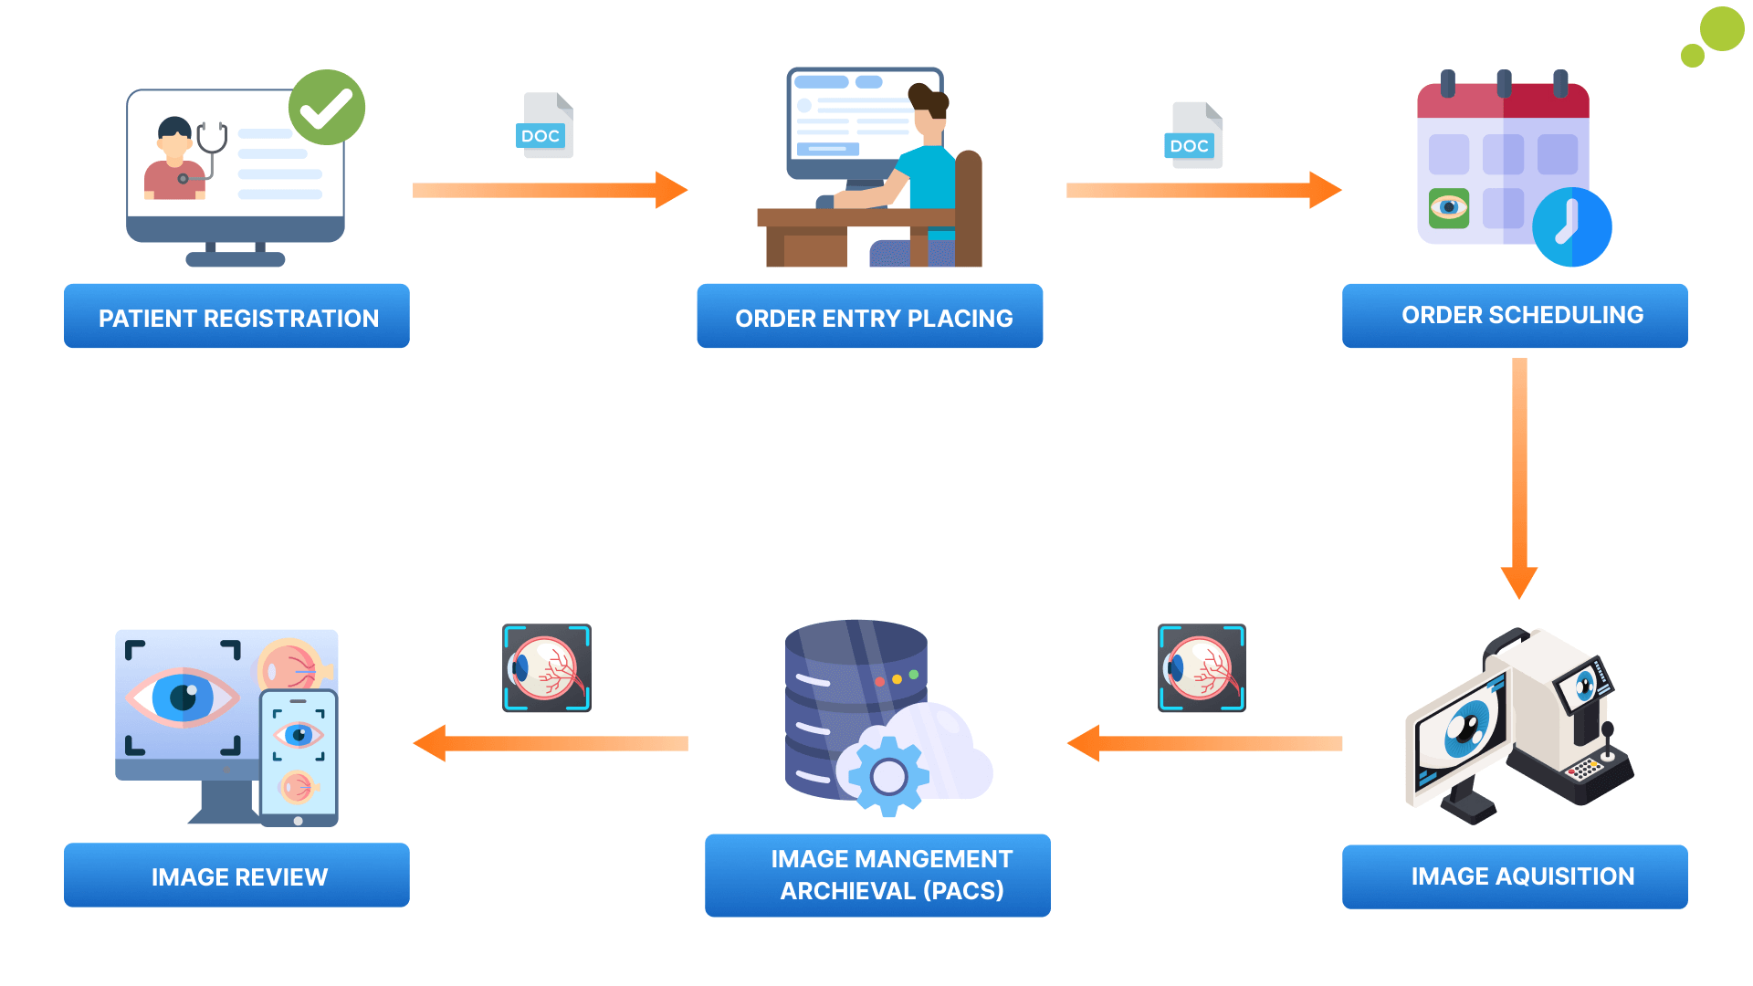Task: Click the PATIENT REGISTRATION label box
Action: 236,317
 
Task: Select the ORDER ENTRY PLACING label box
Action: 869,317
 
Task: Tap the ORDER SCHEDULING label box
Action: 1514,316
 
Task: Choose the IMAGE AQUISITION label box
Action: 1514,876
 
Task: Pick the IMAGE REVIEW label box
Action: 236,876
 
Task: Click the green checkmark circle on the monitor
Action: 327,108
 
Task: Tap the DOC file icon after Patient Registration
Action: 545,126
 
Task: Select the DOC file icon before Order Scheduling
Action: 1194,136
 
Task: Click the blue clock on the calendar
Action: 1571,227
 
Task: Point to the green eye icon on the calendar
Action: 1449,208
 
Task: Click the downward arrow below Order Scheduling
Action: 1519,475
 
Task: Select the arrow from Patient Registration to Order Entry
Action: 548,190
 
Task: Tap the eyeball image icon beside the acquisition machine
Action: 1202,668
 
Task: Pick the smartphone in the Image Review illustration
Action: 299,759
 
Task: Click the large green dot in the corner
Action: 1722,29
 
